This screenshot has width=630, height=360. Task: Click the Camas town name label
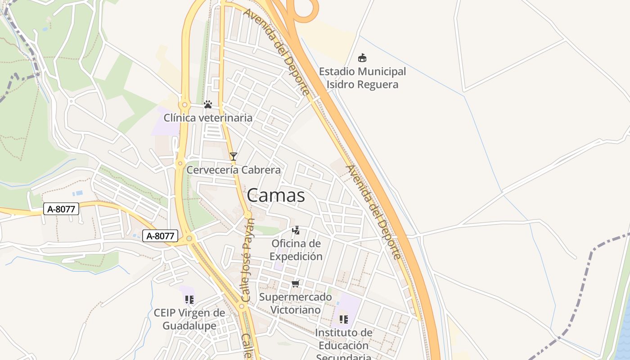pos(276,195)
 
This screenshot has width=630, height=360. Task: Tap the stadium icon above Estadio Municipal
pos(362,58)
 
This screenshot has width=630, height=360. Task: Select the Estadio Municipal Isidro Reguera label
pos(362,78)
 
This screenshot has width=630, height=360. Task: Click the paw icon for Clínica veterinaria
pos(207,104)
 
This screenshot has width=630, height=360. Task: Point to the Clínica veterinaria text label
pos(208,118)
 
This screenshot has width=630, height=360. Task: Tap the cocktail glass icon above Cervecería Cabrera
pos(233,157)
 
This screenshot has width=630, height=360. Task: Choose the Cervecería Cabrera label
pos(234,170)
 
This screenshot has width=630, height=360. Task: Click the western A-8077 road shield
pos(61,208)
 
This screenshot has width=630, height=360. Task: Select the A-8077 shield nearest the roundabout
pos(161,236)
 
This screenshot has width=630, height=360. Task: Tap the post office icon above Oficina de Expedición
pos(296,230)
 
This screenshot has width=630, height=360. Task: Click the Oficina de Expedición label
pos(297,250)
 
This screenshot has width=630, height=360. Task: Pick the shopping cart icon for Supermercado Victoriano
pos(296,283)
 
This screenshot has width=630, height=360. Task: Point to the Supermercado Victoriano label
pos(296,303)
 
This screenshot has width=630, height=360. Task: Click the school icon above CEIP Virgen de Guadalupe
pos(189,299)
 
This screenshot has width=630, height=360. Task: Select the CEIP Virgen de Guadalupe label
pos(189,319)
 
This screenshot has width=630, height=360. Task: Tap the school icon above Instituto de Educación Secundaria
pos(344,319)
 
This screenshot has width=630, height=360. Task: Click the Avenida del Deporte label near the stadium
pos(277,52)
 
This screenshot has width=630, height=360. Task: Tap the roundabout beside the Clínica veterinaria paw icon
pos(184,105)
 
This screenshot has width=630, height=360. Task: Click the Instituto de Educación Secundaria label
pos(344,345)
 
